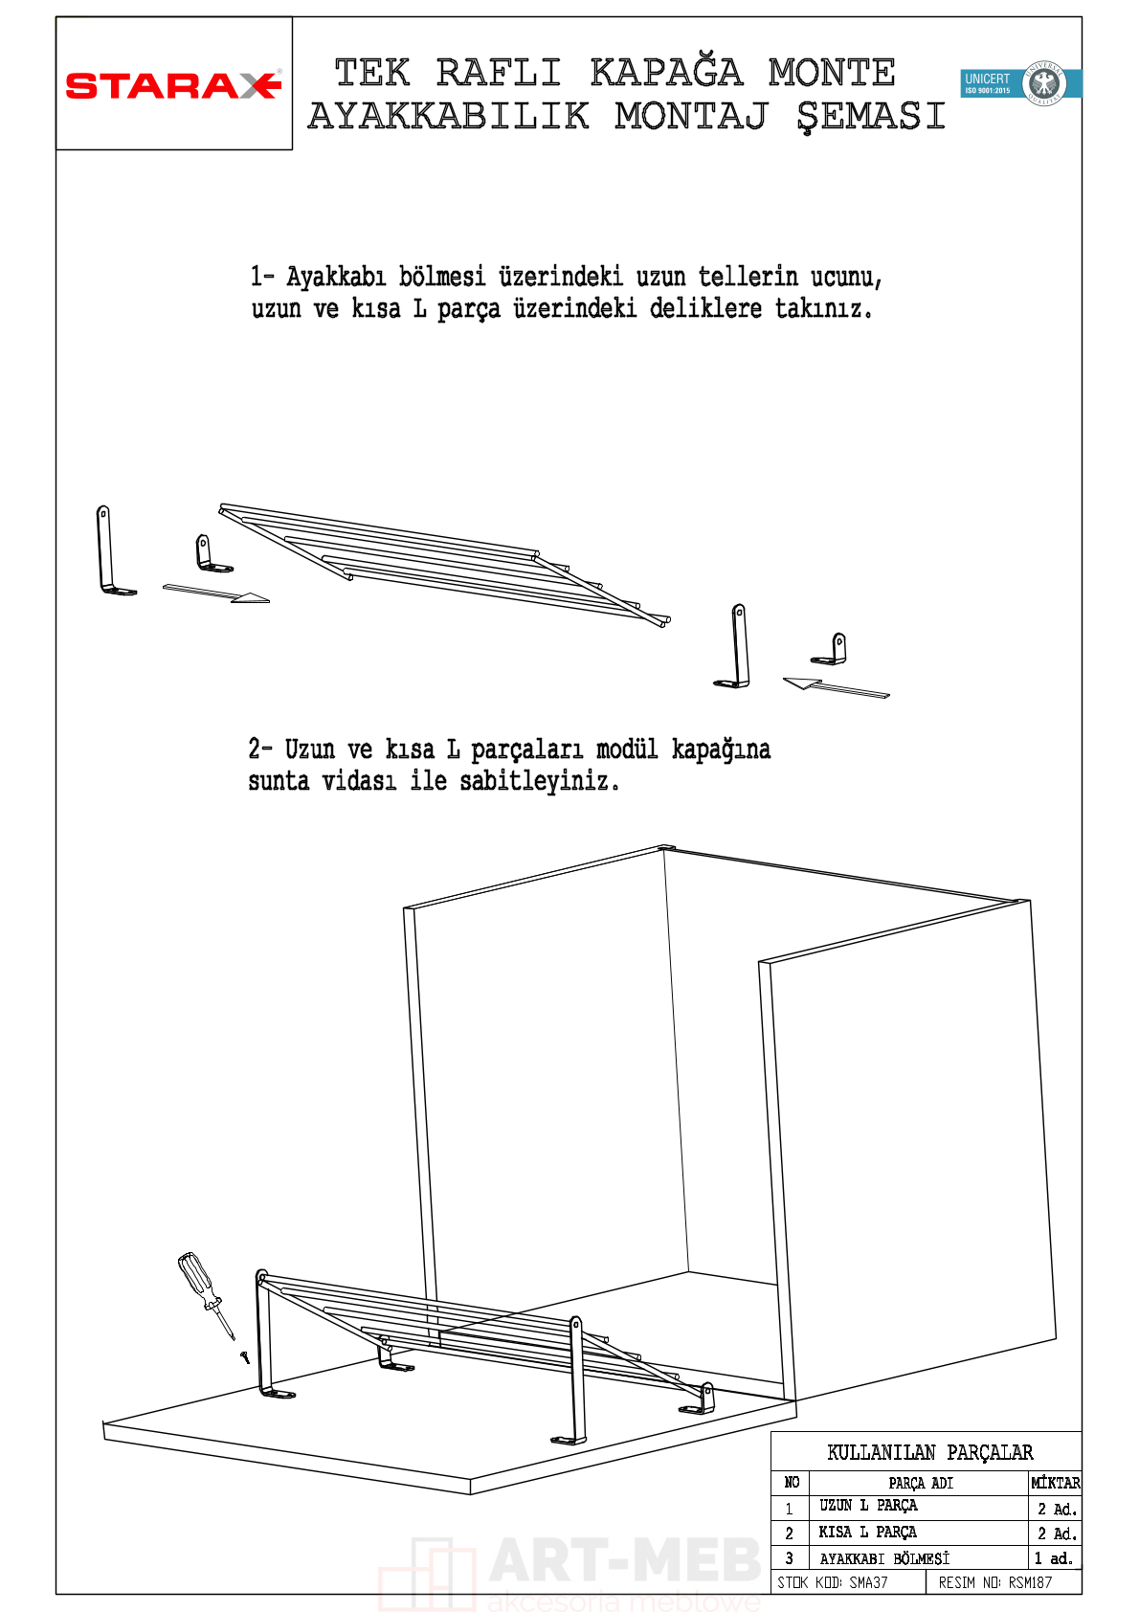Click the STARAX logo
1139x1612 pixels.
[173, 85]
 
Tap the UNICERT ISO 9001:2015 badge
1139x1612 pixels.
[1020, 83]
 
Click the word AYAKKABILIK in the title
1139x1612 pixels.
[448, 117]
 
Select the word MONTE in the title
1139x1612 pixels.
[831, 73]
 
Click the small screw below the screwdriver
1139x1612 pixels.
[245, 1355]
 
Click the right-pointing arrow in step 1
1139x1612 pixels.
[216, 593]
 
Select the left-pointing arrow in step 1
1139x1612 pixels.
[835, 687]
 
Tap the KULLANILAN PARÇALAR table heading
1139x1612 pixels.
[929, 1452]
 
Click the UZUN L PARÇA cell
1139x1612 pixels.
[868, 1506]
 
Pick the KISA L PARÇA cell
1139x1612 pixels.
[867, 1533]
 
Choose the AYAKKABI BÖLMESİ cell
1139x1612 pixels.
[884, 1558]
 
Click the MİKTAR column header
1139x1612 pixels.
[1055, 1483]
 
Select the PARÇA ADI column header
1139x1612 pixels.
[920, 1483]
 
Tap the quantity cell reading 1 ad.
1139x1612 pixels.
[1054, 1558]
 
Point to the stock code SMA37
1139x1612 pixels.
[868, 1582]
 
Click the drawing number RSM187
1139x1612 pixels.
[1030, 1582]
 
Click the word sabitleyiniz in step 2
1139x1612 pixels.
[539, 781]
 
